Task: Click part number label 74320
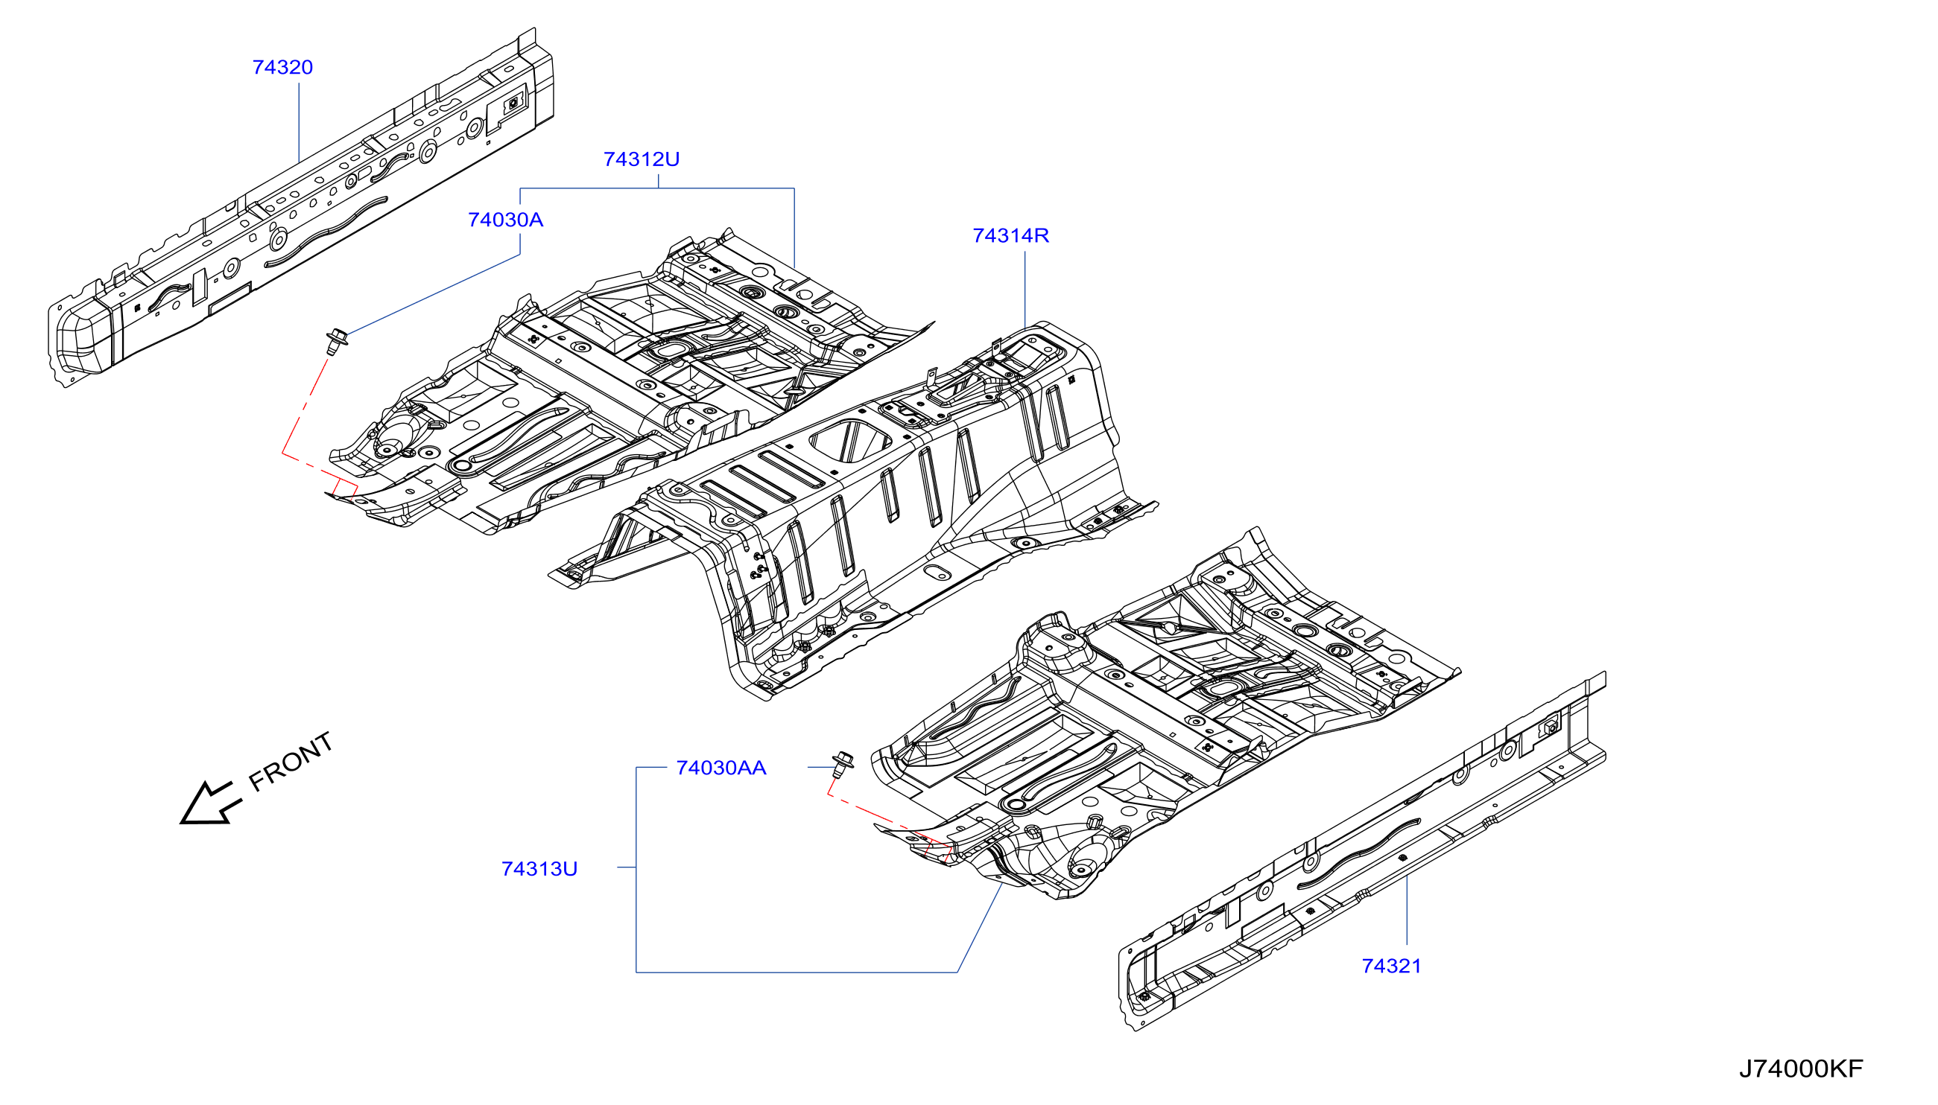coord(282,68)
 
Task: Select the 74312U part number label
coord(642,159)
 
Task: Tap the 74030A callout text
coord(506,220)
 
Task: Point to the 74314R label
coord(1011,236)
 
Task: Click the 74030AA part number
coord(721,768)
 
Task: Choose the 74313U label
coord(539,869)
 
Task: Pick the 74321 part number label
coord(1391,966)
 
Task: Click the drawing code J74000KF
coord(1801,1069)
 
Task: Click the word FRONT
coord(291,762)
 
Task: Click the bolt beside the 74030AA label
coord(842,765)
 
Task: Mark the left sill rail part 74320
coord(301,208)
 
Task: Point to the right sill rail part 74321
coord(1361,851)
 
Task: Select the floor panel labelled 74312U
coord(630,380)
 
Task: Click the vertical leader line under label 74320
coord(300,122)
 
